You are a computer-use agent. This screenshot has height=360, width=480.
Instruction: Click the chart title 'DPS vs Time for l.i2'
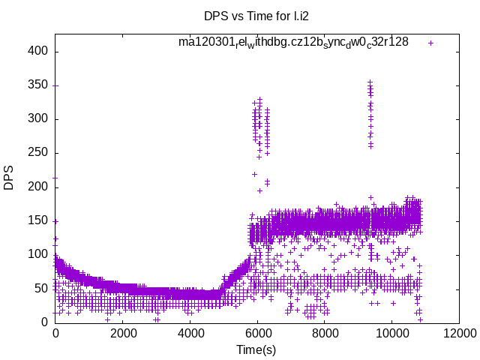pos(256,15)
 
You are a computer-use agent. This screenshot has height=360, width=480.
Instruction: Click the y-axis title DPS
pos(10,178)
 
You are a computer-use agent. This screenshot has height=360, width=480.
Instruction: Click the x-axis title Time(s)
pos(256,350)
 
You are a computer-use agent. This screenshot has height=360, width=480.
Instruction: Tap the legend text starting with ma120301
pos(293,42)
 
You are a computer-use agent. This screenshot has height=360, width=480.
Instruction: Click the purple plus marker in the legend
pos(430,43)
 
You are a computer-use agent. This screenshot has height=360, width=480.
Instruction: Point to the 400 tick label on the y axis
pos(40,51)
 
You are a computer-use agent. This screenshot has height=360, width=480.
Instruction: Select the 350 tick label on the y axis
pos(40,85)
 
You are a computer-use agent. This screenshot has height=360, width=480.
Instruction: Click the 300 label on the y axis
pos(40,118)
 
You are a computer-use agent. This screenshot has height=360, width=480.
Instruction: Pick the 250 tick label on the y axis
pos(40,152)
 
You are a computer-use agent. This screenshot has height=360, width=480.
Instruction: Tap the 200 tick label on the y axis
pos(40,186)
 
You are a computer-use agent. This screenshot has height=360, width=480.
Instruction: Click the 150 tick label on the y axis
pos(40,220)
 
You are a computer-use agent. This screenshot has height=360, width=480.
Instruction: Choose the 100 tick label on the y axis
pos(40,254)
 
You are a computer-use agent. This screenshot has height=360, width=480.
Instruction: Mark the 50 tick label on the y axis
pos(43,288)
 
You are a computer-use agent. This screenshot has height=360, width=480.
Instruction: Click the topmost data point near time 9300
pos(370,82)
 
